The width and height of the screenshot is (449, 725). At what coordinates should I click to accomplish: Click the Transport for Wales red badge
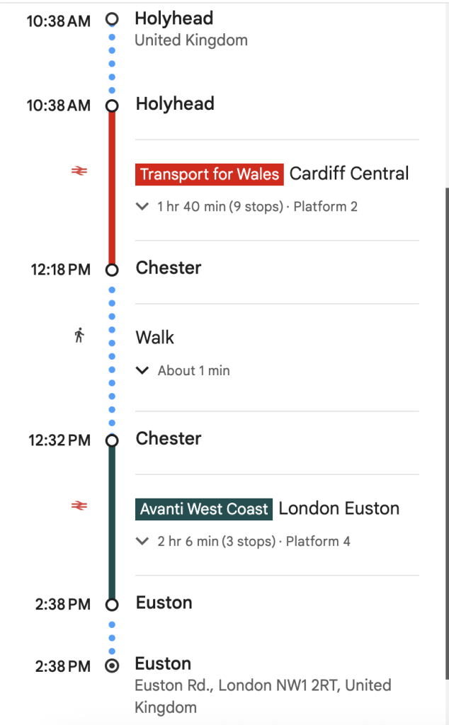209,174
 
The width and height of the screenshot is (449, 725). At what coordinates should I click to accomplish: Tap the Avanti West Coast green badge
204,509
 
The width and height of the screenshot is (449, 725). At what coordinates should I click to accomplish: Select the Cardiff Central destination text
349,173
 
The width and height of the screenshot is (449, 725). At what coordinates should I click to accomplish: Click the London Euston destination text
339,508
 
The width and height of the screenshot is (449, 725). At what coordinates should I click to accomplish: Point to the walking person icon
79,335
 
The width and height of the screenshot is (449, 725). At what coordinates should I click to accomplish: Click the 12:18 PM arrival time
59,270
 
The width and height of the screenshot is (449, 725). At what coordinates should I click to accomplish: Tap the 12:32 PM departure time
59,440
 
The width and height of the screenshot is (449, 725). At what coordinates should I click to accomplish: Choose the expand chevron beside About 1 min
142,370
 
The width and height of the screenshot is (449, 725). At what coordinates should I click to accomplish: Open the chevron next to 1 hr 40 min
142,207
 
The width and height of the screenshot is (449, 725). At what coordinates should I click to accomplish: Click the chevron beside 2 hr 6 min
142,542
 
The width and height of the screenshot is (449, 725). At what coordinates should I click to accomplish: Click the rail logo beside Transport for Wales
79,171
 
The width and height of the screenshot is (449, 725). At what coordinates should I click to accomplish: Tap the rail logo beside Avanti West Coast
79,506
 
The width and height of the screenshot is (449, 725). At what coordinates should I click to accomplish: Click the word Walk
155,338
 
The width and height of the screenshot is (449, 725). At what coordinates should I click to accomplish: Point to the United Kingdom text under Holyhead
191,40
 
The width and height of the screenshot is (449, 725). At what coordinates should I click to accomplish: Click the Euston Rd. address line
263,685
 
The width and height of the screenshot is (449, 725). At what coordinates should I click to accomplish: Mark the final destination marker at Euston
111,666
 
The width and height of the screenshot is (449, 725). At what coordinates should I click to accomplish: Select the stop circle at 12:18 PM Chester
111,270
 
